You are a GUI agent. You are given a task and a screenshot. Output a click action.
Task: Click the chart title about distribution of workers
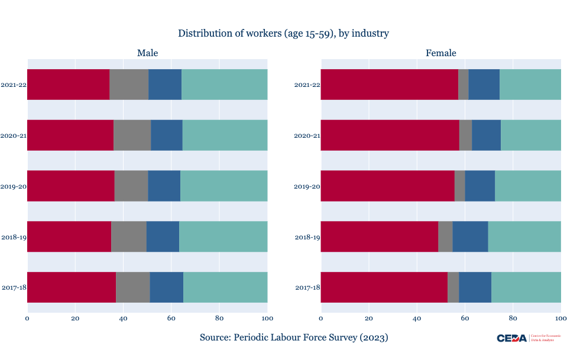tap(283, 33)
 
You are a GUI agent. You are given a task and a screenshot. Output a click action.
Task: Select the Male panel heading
tap(147, 53)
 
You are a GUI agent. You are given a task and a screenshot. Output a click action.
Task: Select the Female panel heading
tap(440, 53)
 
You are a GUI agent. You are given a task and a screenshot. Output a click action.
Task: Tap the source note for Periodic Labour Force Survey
tap(294, 338)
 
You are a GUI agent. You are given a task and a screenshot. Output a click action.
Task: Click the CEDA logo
tap(511, 338)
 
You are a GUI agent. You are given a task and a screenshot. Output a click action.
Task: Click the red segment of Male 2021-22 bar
tap(68, 85)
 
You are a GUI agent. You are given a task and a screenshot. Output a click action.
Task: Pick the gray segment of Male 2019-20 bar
tap(131, 186)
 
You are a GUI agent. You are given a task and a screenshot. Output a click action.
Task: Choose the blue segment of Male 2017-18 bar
tap(166, 287)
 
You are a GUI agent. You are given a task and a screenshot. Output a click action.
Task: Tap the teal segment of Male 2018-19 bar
tap(223, 236)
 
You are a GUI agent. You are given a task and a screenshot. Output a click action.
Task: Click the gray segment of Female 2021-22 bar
tap(464, 85)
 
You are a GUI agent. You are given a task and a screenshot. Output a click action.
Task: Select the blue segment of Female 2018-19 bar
tap(470, 236)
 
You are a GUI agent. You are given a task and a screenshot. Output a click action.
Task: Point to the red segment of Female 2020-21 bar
tap(390, 135)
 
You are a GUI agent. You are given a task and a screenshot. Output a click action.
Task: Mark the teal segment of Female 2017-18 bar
tap(526, 287)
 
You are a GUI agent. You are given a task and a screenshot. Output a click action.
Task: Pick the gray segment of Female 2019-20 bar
tap(459, 186)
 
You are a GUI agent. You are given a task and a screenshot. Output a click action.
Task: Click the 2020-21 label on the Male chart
tap(14, 135)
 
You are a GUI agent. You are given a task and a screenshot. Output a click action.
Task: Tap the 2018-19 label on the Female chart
tap(307, 237)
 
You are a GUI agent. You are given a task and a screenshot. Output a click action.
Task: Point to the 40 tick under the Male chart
tap(123, 319)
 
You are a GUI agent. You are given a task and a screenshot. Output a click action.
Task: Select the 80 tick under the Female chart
tap(513, 319)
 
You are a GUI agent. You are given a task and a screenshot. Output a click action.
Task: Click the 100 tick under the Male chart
tap(267, 319)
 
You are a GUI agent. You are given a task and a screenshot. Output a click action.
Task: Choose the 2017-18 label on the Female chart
tap(307, 288)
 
